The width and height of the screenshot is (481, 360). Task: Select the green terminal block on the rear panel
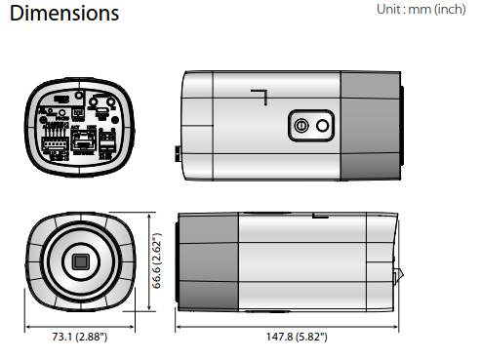54,143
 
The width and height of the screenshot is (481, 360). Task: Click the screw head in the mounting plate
301,125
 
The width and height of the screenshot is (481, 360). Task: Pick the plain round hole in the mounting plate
322,125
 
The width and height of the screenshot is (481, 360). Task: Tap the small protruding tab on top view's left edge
177,152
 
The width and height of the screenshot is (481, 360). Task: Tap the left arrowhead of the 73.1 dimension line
28,324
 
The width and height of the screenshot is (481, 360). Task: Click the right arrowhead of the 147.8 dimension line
396,324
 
